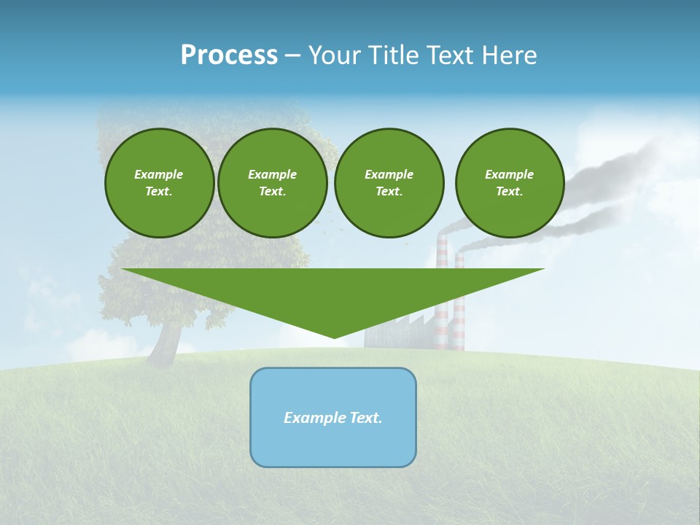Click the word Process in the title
[x=229, y=55]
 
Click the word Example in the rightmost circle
[x=509, y=174]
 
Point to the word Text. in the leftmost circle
[x=159, y=192]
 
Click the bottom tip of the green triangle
[x=334, y=336]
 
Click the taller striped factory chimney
[x=442, y=321]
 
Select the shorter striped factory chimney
[x=459, y=328]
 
